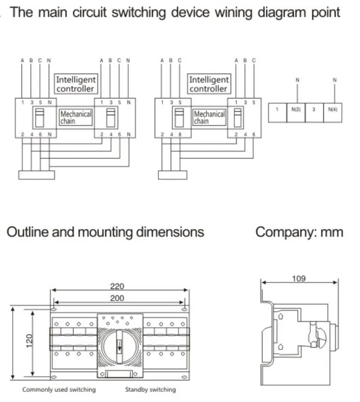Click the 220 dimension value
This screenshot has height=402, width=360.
tap(117, 286)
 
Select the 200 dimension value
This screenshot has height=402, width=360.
tap(117, 298)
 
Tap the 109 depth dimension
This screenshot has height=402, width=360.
tap(299, 279)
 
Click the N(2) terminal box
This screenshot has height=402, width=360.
tap(296, 109)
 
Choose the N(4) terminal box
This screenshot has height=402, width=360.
tap(333, 109)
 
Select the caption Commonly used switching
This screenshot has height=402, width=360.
tap(59, 389)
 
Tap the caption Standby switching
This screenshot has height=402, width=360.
tap(150, 389)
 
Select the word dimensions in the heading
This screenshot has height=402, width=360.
tap(170, 232)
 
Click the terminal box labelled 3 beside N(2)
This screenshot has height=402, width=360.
tap(314, 109)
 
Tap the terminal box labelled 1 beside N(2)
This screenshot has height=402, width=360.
tap(277, 109)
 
